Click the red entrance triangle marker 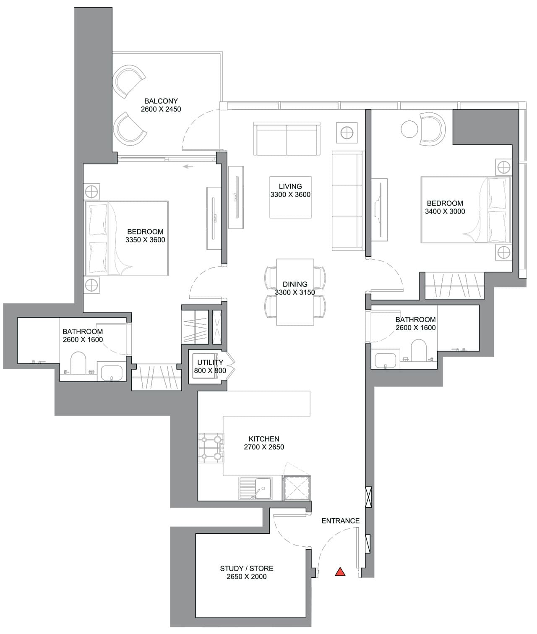pyautogui.click(x=340, y=571)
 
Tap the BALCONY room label pyautogui.click(x=161, y=101)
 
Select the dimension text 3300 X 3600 pyautogui.click(x=290, y=195)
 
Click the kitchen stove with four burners pyautogui.click(x=211, y=448)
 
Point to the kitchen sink pyautogui.click(x=255, y=488)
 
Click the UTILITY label pyautogui.click(x=210, y=363)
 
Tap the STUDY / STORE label pyautogui.click(x=247, y=569)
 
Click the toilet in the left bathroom pyautogui.click(x=78, y=363)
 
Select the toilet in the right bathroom pyautogui.click(x=418, y=350)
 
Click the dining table pyautogui.click(x=295, y=292)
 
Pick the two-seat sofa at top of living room pyautogui.click(x=287, y=139)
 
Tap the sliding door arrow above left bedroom pyautogui.click(x=188, y=167)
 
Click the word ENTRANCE pyautogui.click(x=340, y=521)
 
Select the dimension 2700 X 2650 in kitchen pyautogui.click(x=264, y=447)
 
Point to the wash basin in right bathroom pyautogui.click(x=385, y=360)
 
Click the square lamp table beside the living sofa pyautogui.click(x=347, y=133)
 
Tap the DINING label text pyautogui.click(x=295, y=284)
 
